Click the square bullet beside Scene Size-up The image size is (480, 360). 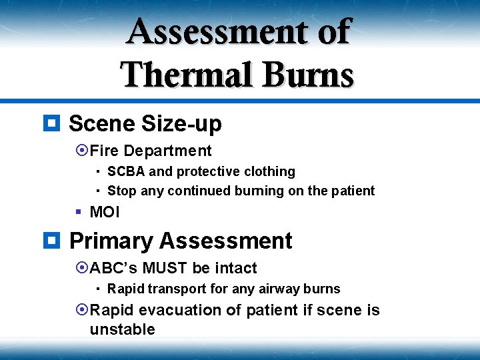(52, 123)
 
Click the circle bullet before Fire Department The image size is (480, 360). (82, 151)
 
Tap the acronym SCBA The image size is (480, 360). (126, 171)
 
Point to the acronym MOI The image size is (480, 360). (105, 213)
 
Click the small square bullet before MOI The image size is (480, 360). (78, 212)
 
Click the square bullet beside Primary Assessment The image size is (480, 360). (52, 240)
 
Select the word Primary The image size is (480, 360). (111, 241)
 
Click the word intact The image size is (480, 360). (235, 268)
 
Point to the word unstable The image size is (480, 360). (122, 329)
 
